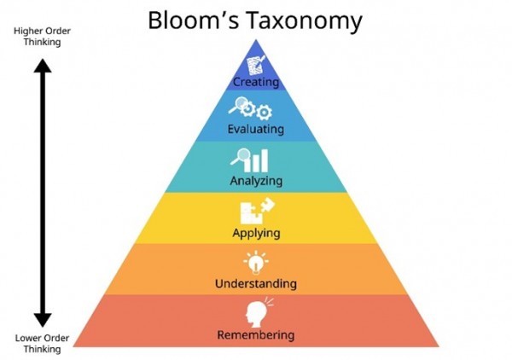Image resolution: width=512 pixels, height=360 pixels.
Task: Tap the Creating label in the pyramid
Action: (x=256, y=83)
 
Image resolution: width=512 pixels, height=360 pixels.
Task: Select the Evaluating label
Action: (x=256, y=130)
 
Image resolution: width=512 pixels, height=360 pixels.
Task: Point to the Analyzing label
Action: (x=256, y=181)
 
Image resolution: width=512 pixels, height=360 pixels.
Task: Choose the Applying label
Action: (x=256, y=232)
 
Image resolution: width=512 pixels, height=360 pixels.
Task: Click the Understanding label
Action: (x=256, y=282)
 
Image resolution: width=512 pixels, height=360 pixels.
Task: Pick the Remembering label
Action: (x=256, y=334)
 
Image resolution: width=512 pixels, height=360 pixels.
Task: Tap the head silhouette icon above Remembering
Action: (x=256, y=311)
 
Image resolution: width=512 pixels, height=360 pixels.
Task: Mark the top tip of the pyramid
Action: (x=256, y=40)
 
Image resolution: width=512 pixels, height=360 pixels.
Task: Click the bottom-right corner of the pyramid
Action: (x=438, y=345)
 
